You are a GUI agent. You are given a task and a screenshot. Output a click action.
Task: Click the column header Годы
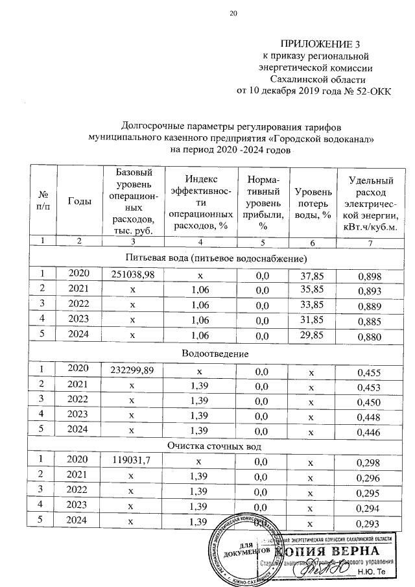[79, 201]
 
